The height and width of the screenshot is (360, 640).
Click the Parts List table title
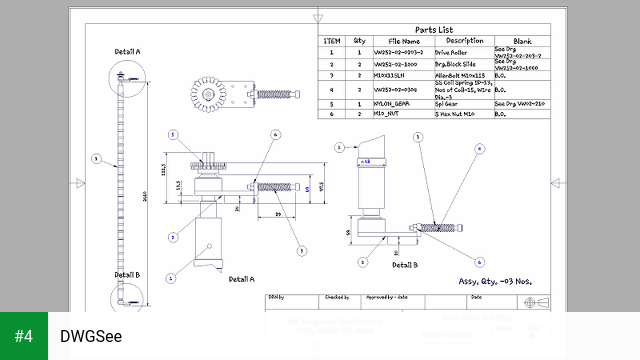point(434,30)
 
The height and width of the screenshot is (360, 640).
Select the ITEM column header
point(333,41)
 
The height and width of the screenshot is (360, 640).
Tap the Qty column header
point(359,41)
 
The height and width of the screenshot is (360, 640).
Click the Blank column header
point(521,41)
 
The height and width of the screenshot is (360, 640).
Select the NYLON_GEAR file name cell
point(394,103)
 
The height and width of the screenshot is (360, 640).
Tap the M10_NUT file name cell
point(391,114)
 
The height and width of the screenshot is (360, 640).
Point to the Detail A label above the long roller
point(127,51)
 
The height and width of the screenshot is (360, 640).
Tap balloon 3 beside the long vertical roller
point(96,158)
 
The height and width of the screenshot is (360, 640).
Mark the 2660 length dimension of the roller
point(144,195)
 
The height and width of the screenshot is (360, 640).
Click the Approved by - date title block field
point(387,297)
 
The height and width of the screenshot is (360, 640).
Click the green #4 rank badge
point(24,336)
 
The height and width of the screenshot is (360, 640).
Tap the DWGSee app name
point(91,337)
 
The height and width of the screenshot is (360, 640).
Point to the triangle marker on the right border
point(556,183)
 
